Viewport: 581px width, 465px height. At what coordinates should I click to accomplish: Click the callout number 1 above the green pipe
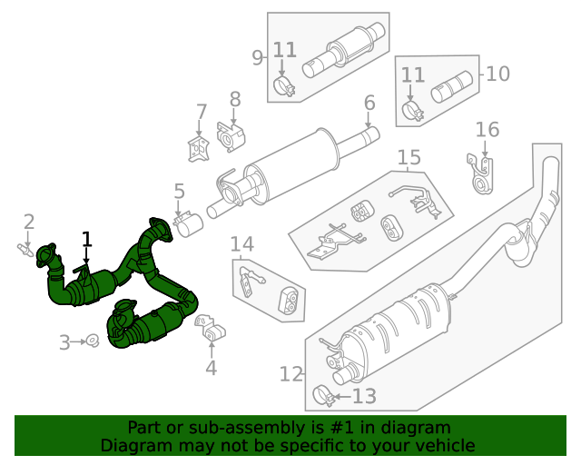pos(87,240)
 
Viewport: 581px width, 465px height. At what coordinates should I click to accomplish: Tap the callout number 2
pos(29,221)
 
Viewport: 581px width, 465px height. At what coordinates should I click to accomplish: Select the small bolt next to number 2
pos(25,248)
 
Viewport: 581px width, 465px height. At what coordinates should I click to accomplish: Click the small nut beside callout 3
pos(92,341)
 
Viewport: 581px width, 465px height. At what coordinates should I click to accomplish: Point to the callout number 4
pos(211,368)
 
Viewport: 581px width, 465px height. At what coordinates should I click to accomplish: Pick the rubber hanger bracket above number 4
pos(210,331)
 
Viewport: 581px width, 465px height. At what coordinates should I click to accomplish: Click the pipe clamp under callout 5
pos(187,223)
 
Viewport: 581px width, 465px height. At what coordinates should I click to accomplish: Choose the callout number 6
pos(369,103)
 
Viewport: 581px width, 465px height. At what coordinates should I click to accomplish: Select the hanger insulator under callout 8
pos(232,136)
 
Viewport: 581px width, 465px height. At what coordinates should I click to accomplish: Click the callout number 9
pos(258,57)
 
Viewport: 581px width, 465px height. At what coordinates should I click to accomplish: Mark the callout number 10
pos(498,74)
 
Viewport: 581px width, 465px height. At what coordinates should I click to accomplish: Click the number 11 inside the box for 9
pos(285,49)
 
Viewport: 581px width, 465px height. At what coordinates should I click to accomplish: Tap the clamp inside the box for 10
pos(413,113)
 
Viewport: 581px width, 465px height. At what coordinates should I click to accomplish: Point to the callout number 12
pos(290,373)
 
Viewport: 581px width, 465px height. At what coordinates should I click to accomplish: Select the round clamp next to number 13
pos(321,396)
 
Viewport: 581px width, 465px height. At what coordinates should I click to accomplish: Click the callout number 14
pos(242,244)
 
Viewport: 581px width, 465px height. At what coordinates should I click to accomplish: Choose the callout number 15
pos(409,158)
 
